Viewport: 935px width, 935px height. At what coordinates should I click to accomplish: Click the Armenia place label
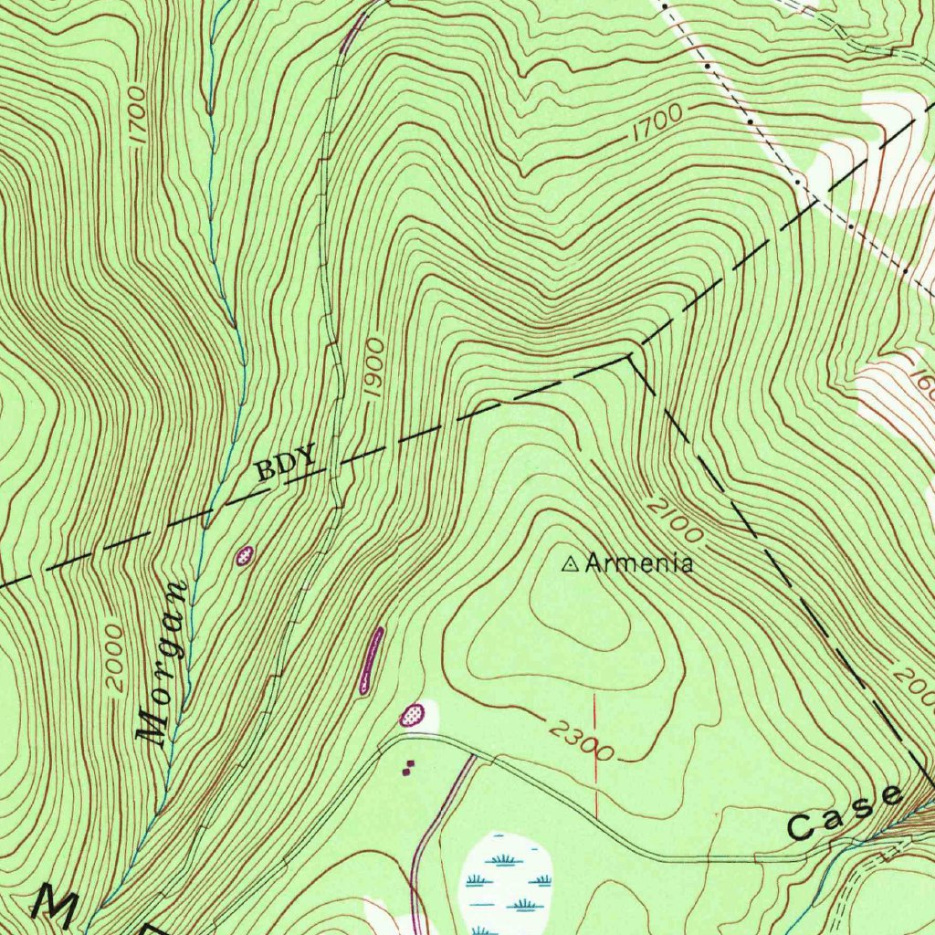point(639,563)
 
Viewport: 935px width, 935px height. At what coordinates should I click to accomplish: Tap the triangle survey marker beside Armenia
point(570,565)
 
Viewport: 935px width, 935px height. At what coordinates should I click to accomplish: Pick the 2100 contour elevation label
point(675,518)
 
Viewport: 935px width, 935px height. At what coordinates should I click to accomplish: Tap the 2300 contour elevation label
point(581,741)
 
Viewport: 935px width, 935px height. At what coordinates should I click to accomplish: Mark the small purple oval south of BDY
point(244,555)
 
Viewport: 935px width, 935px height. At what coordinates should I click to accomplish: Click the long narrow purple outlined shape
point(371,660)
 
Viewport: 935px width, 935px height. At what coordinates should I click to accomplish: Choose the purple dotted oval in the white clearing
point(414,715)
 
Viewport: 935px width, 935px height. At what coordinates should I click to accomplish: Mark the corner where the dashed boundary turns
point(631,357)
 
